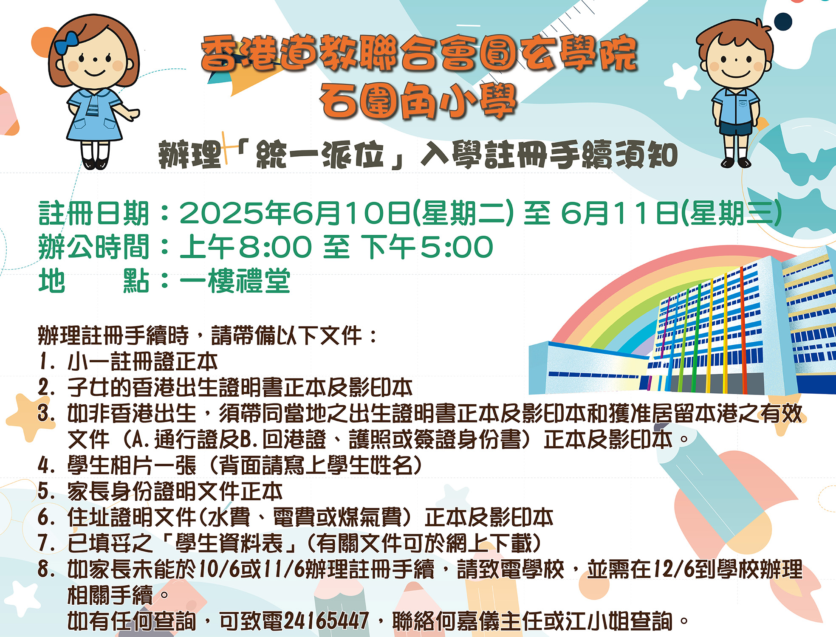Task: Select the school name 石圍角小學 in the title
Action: coord(418,101)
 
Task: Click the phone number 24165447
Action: coord(326,620)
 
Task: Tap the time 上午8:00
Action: coord(246,247)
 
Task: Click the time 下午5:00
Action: coord(427,247)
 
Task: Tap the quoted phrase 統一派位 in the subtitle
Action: coord(320,155)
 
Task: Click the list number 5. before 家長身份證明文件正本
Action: coord(47,491)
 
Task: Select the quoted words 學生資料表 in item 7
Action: coord(229,543)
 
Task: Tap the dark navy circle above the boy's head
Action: coord(783,22)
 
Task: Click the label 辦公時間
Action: coord(94,247)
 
